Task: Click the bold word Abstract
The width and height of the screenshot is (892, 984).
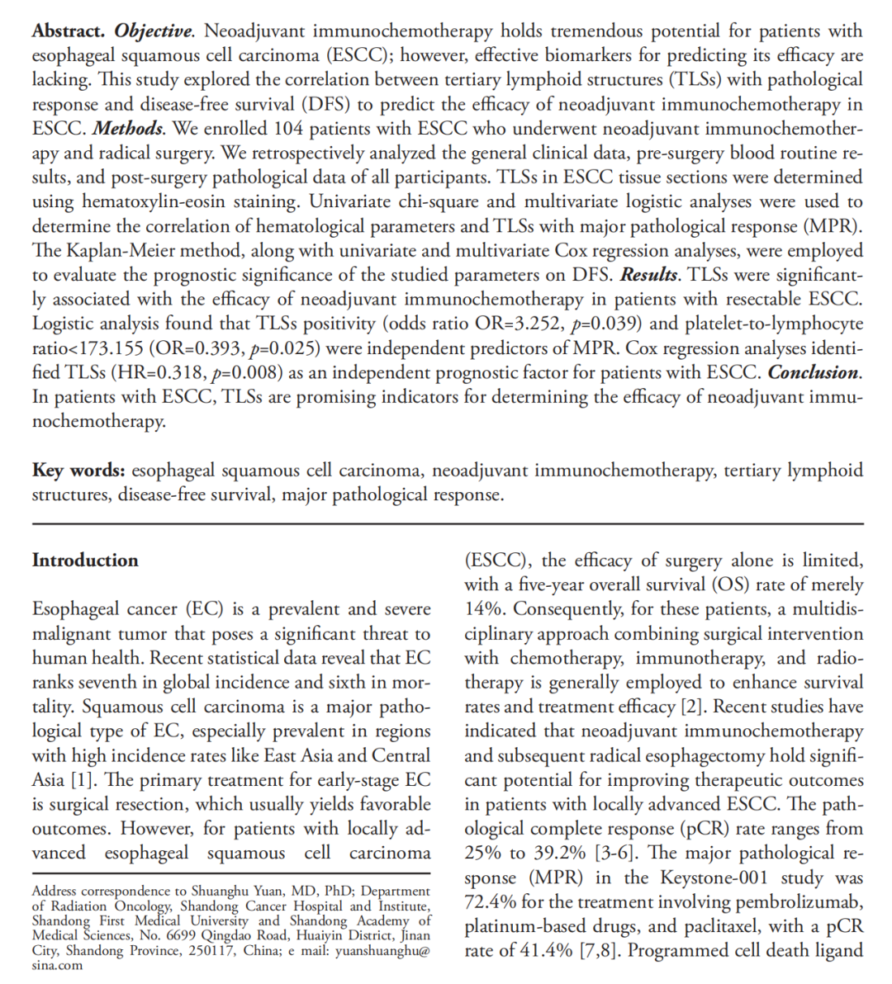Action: point(68,31)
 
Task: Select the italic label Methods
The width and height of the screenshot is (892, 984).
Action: point(127,129)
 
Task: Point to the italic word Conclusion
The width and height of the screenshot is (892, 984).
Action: point(814,372)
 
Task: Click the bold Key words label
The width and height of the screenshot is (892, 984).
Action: point(78,471)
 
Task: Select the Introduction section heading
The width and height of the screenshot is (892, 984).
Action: point(85,561)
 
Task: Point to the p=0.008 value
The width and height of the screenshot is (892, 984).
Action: point(240,372)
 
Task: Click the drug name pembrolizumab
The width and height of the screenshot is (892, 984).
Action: point(794,901)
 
